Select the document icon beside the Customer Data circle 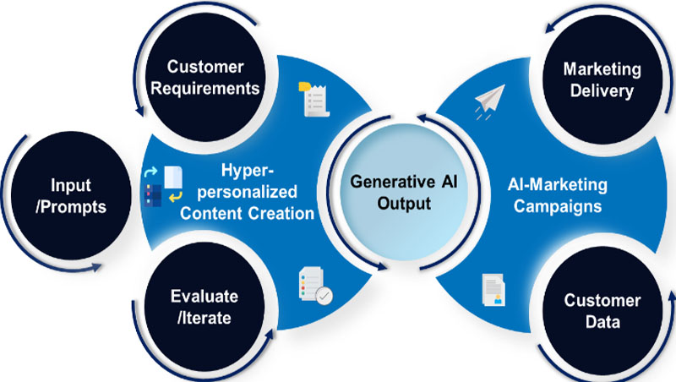point(493,290)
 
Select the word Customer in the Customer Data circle point(602,300)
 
